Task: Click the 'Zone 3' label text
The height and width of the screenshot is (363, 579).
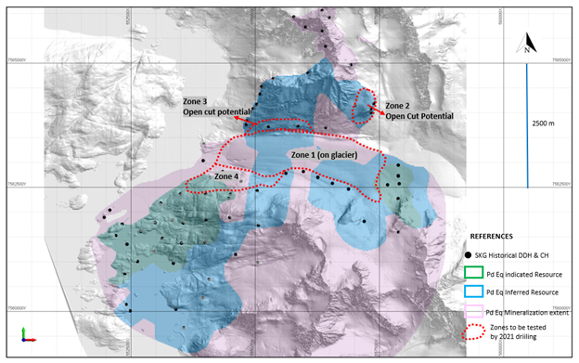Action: (197, 100)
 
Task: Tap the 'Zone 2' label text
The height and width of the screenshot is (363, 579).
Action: (401, 106)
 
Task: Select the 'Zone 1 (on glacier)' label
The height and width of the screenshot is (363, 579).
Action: (329, 154)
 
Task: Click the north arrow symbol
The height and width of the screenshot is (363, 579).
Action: (527, 43)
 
